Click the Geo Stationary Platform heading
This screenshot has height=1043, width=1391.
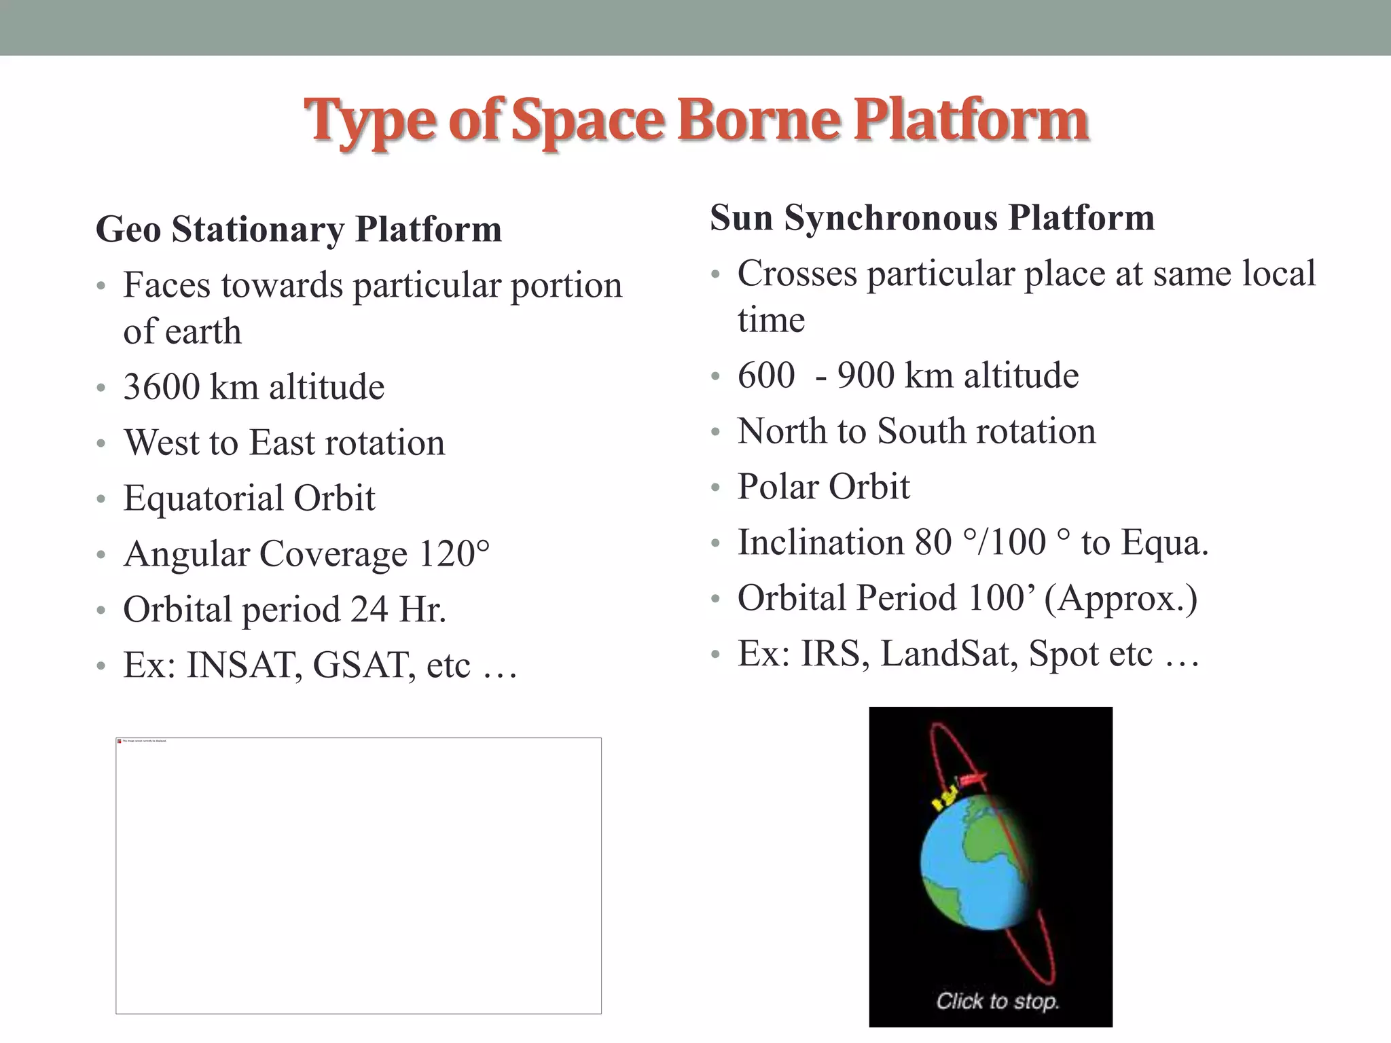click(x=299, y=230)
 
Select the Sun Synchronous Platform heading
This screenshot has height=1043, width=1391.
click(x=932, y=218)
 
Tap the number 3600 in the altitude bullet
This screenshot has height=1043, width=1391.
click(x=162, y=387)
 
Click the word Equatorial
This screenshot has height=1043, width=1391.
click(x=203, y=498)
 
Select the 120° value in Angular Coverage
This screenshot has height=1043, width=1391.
click(x=454, y=553)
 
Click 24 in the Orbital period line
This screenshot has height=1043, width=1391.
click(x=369, y=609)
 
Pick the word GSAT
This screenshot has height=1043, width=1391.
click(x=363, y=665)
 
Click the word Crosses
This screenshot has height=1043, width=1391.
click(x=797, y=274)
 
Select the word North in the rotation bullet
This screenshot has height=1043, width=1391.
click(x=781, y=431)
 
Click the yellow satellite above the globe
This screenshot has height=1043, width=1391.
click(x=945, y=796)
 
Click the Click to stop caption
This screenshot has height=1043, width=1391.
click(x=997, y=1000)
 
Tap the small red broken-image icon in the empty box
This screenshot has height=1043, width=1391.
click(x=120, y=742)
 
